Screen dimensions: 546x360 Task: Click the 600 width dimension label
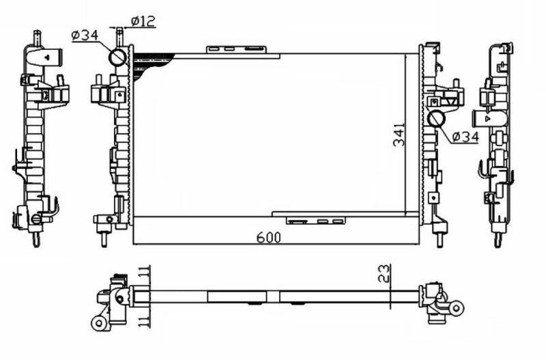coord(268,237)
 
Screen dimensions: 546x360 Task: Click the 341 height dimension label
coord(399,134)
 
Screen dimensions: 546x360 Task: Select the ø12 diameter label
coord(143,21)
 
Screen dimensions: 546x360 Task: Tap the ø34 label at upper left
coord(85,36)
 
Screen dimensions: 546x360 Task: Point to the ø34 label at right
coord(465,137)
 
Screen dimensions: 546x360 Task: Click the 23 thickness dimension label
coord(384,273)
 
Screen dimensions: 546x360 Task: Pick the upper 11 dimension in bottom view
coord(144,272)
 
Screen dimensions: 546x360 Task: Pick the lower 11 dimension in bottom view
coord(144,320)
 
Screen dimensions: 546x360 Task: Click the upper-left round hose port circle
coord(117,57)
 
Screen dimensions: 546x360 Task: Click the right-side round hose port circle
coord(436,119)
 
